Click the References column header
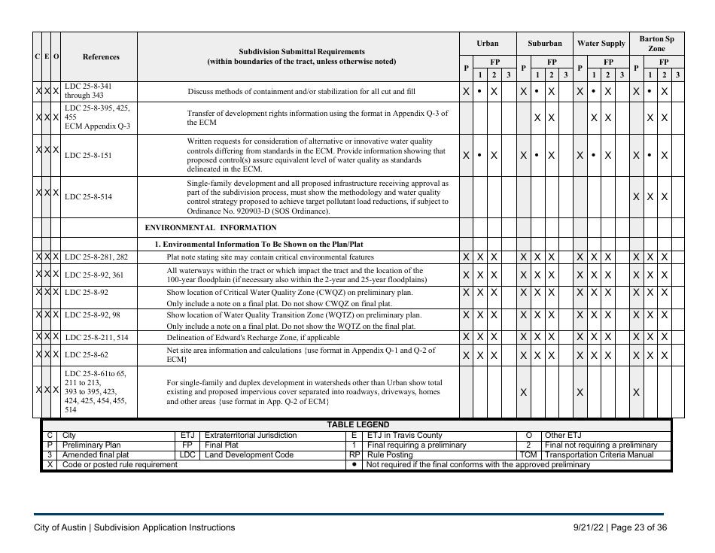pyautogui.click(x=100, y=56)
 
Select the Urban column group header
pyautogui.click(x=487, y=44)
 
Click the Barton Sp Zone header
pyautogui.click(x=656, y=44)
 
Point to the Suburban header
pyautogui.click(x=544, y=44)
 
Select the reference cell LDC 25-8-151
pyautogui.click(x=88, y=156)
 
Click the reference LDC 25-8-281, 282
pyautogui.click(x=96, y=257)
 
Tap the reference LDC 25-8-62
pyautogui.click(x=87, y=354)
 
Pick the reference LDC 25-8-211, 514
pyautogui.click(x=96, y=338)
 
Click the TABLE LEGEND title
pyautogui.click(x=357, y=425)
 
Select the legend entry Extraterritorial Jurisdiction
pyautogui.click(x=251, y=436)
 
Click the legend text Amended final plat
pyautogui.click(x=96, y=455)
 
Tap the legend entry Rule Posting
pyautogui.click(x=390, y=455)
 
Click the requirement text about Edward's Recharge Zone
pyautogui.click(x=253, y=338)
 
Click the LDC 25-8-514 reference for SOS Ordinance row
pyautogui.click(x=88, y=197)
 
